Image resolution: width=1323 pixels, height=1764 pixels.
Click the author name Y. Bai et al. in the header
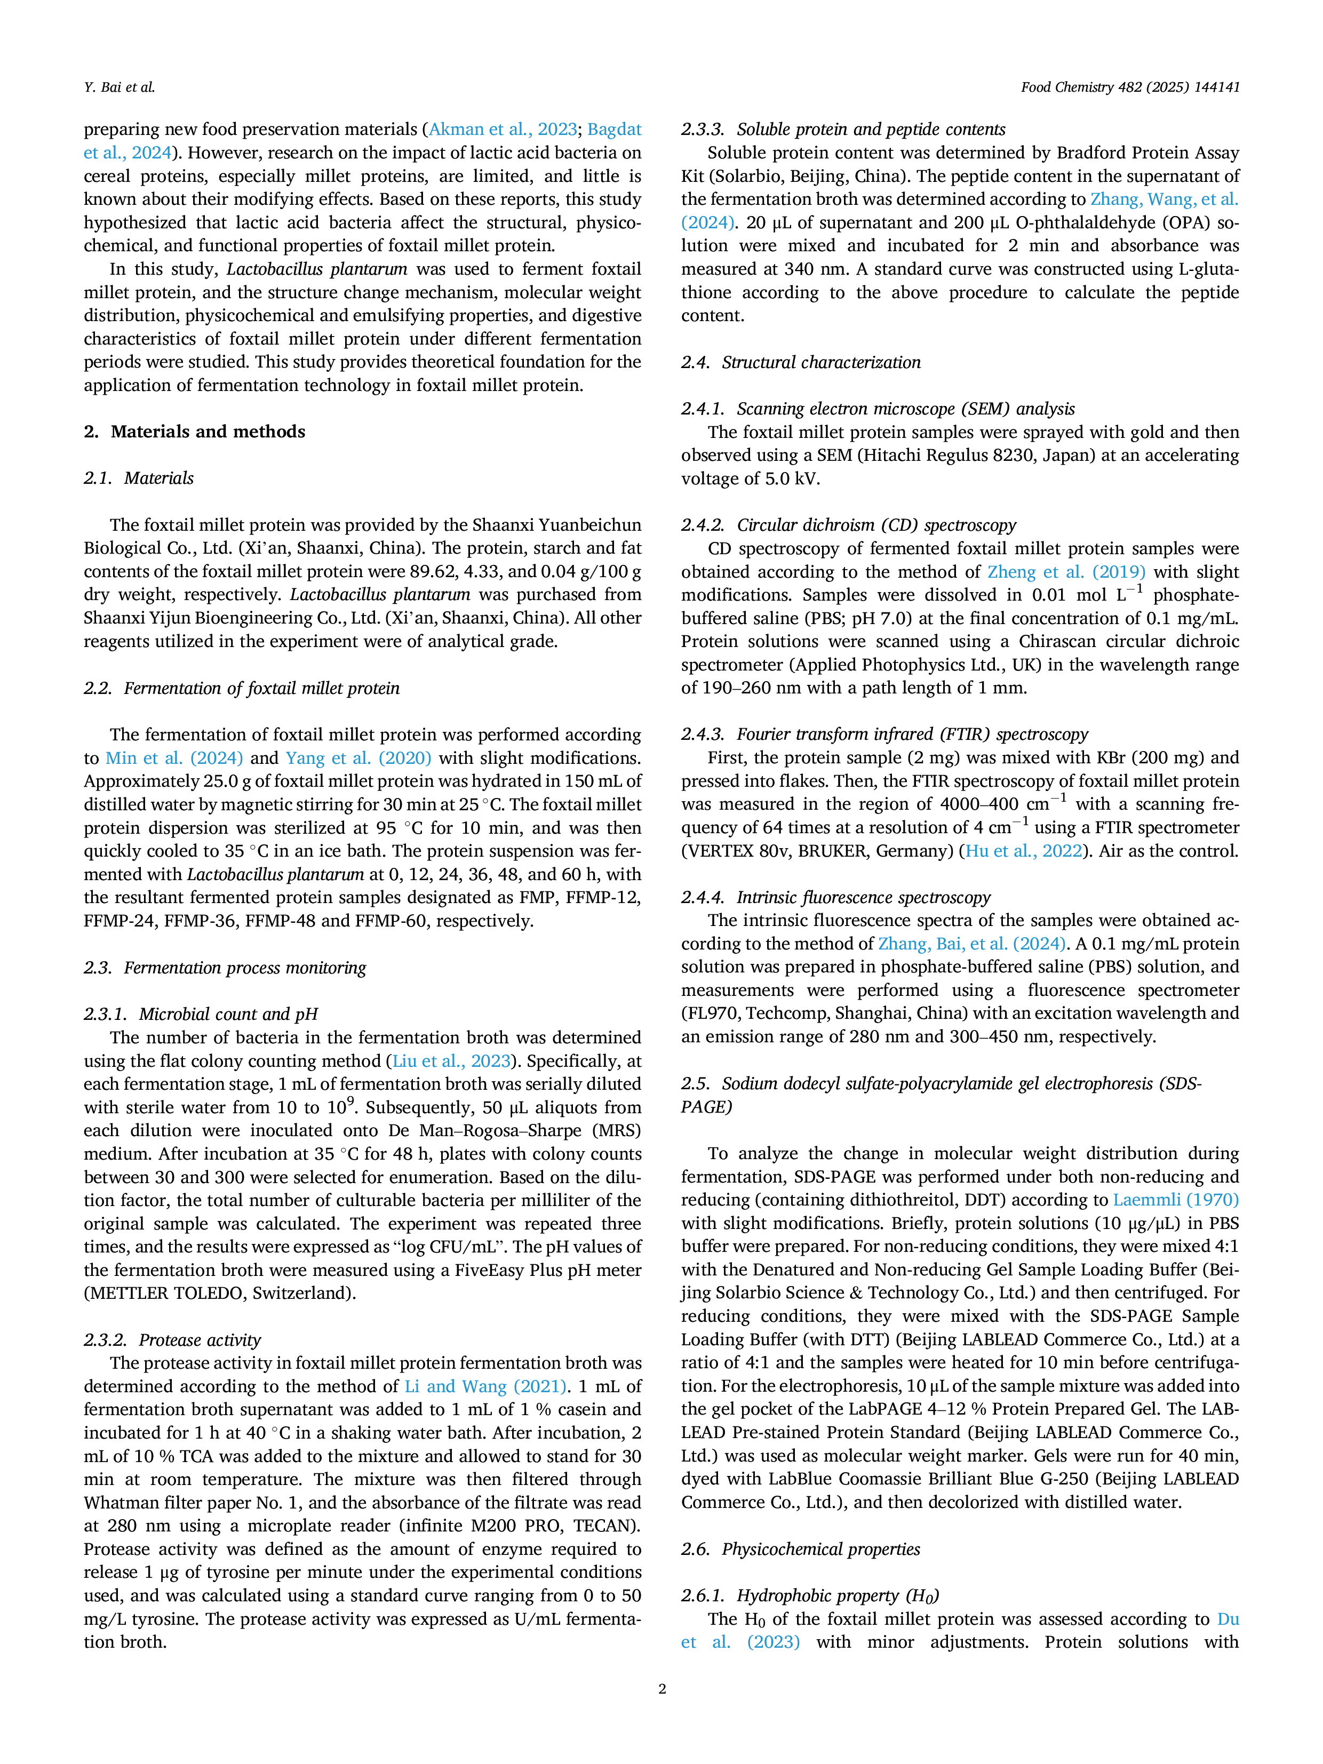pyautogui.click(x=119, y=87)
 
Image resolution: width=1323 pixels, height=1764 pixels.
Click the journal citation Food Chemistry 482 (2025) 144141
pyautogui.click(x=1130, y=87)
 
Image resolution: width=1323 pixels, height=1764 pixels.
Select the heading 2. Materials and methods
pyautogui.click(x=195, y=432)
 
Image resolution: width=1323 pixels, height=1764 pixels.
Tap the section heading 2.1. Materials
pyautogui.click(x=139, y=478)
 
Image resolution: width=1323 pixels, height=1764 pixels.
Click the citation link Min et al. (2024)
pyautogui.click(x=174, y=757)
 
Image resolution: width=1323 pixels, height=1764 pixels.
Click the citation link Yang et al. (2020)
pyautogui.click(x=358, y=757)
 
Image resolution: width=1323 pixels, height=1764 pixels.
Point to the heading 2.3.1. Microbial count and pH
pyautogui.click(x=201, y=1015)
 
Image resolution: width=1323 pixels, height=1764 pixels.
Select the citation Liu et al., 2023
pyautogui.click(x=451, y=1060)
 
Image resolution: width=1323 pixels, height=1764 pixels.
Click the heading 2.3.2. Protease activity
pyautogui.click(x=172, y=1340)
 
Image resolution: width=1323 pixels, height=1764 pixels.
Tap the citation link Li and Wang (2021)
pyautogui.click(x=485, y=1387)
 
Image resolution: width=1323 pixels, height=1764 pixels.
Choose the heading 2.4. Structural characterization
pyautogui.click(x=801, y=363)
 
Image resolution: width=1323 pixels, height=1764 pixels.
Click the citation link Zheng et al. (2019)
pyautogui.click(x=1066, y=572)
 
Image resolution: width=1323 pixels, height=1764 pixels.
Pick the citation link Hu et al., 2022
pyautogui.click(x=1024, y=851)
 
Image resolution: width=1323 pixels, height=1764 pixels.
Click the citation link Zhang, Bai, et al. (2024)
pyautogui.click(x=972, y=944)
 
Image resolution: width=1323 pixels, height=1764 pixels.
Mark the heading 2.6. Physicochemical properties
pyautogui.click(x=801, y=1549)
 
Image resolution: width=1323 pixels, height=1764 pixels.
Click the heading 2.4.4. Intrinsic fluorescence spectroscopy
pyautogui.click(x=836, y=897)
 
